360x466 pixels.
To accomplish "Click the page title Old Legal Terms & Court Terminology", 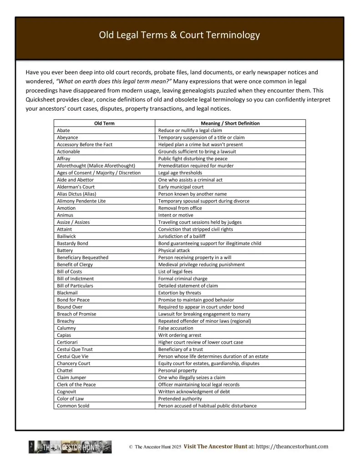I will coord(180,35).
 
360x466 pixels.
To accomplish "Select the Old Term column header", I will coord(104,123).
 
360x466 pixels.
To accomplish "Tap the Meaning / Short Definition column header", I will coord(230,123).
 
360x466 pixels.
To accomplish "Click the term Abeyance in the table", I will coord(67,137).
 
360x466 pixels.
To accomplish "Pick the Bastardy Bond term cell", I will coord(72,243).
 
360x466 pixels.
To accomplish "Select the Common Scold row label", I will coord(73,405).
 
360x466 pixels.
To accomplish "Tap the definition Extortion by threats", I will coord(179,293).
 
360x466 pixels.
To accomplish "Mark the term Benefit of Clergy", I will coord(75,264).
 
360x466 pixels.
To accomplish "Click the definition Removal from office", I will coord(180,208).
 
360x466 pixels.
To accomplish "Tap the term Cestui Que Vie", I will coord(72,356).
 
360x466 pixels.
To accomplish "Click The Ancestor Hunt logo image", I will coord(70,447).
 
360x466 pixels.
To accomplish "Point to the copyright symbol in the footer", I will coord(131,447).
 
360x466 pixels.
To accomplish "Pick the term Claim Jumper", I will coord(71,377).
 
